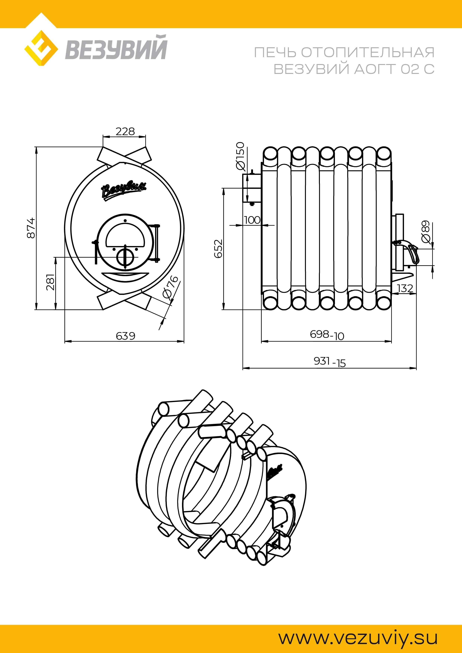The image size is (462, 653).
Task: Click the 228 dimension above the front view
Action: [125, 131]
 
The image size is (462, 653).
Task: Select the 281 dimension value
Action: [50, 282]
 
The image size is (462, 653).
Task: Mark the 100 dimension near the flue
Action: [252, 220]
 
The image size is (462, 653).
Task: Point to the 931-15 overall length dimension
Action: [330, 362]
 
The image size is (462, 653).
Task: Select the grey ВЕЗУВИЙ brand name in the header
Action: [116, 47]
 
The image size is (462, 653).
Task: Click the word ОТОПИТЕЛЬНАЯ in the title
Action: [368, 52]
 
